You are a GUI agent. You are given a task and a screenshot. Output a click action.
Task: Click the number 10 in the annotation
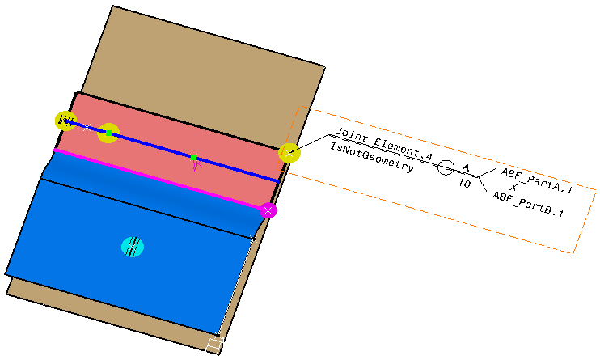(465, 184)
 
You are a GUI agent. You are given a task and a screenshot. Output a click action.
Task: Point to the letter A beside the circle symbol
(466, 167)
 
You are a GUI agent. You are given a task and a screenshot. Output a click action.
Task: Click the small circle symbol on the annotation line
(446, 168)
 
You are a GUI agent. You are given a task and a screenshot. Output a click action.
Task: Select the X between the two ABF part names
(513, 188)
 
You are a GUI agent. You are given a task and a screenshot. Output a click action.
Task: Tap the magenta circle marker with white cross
(268, 210)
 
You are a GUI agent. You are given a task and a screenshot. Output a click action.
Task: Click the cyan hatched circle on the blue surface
(133, 247)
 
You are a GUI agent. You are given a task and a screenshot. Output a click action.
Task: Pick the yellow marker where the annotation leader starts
(289, 152)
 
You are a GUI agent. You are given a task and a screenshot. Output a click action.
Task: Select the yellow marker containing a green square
(108, 133)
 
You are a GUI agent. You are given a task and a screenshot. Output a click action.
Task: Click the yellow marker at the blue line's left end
(65, 121)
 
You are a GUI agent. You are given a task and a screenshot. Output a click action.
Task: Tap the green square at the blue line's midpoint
(193, 157)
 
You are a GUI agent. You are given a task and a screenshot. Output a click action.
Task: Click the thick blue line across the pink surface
(235, 168)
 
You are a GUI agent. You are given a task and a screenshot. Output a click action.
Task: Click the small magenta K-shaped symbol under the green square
(195, 166)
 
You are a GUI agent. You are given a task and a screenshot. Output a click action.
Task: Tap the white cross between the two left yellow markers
(87, 127)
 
